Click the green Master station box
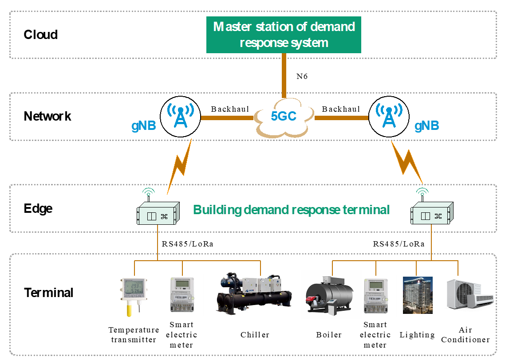click(x=284, y=35)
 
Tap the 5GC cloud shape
click(x=284, y=117)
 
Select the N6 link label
click(x=302, y=76)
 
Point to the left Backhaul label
click(x=230, y=109)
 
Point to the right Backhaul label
click(x=341, y=109)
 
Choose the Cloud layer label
click(x=40, y=35)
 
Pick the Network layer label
click(x=47, y=116)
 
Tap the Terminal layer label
click(x=48, y=293)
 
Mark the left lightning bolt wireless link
click(x=180, y=167)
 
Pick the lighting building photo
click(x=417, y=295)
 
